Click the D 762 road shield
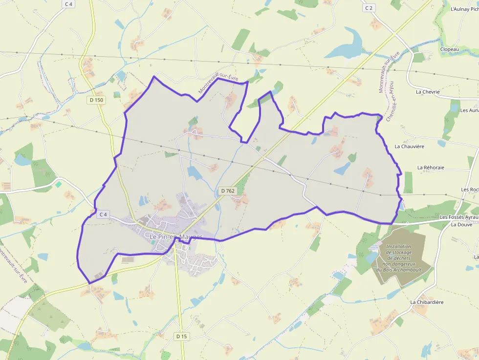[x=227, y=191]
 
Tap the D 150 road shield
[x=97, y=100]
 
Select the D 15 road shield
[x=181, y=336]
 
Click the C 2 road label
[x=369, y=8]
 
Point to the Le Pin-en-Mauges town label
[x=176, y=237]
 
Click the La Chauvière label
[x=409, y=146]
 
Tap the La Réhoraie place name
[x=431, y=167]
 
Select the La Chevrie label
[x=428, y=91]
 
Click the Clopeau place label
[x=449, y=49]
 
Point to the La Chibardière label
[x=427, y=302]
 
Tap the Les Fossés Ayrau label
[x=458, y=217]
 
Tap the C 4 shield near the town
[x=103, y=214]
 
